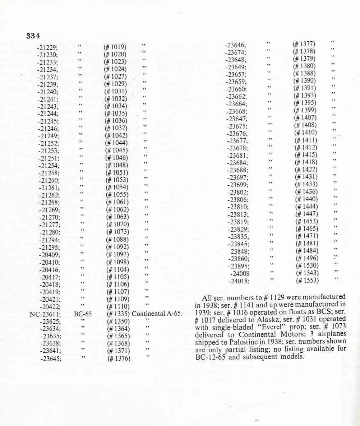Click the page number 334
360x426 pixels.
click(33, 36)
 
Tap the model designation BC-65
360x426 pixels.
click(83, 314)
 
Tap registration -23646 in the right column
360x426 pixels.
click(236, 45)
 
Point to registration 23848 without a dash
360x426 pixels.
click(240, 251)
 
